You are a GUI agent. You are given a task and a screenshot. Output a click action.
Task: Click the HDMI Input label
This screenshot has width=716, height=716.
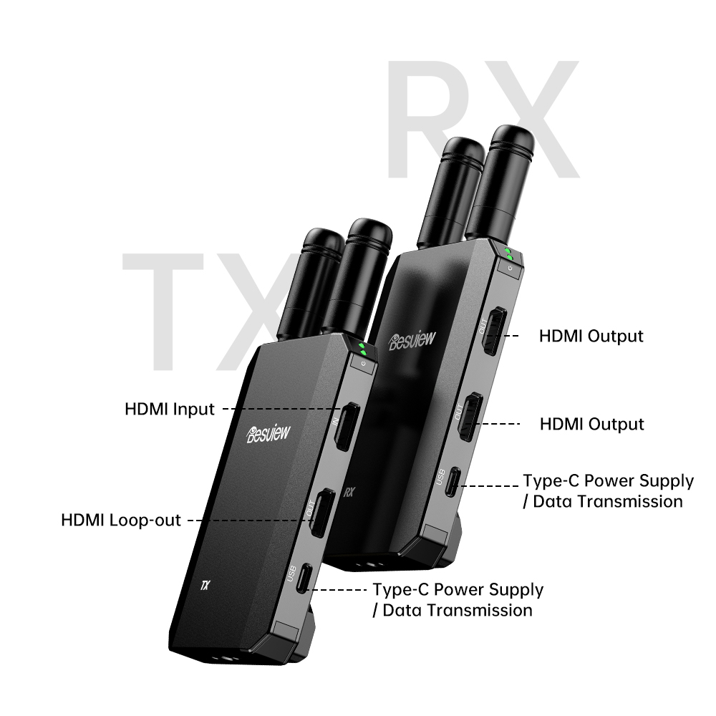tap(170, 409)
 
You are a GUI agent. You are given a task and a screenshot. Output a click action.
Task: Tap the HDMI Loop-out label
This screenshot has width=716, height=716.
tap(121, 520)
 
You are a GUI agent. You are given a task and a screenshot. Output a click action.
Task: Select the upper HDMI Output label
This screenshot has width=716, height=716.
tap(591, 336)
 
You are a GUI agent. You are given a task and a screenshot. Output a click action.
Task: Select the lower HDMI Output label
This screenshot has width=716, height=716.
tap(592, 424)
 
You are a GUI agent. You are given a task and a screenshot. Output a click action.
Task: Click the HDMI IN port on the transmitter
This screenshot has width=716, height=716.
tap(347, 427)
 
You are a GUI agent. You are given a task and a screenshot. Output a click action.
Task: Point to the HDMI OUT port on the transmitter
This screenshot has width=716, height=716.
tap(322, 513)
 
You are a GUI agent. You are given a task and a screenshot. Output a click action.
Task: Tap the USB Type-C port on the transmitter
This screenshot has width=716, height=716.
tap(304, 578)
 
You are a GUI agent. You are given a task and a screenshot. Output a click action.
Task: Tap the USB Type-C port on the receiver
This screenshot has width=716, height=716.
tap(453, 482)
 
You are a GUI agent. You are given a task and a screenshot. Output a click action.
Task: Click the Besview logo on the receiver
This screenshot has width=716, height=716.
tap(412, 340)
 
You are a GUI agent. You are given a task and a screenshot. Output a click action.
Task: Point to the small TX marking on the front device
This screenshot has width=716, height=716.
tap(205, 585)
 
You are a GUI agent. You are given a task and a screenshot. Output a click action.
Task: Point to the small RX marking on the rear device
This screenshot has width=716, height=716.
tap(349, 493)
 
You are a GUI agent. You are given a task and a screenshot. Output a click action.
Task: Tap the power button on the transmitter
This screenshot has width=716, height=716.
tap(364, 364)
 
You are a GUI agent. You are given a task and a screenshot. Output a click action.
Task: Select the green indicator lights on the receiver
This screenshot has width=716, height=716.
tap(508, 254)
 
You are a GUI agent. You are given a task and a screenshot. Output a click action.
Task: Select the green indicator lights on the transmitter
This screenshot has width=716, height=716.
tap(362, 349)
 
